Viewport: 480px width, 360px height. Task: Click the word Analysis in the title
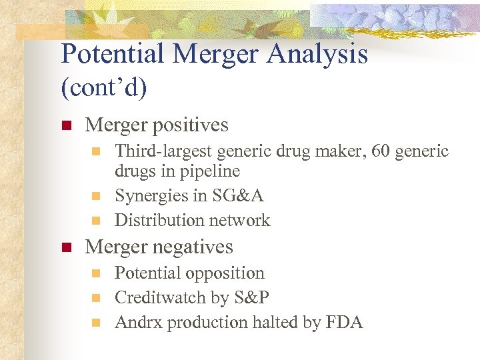click(317, 54)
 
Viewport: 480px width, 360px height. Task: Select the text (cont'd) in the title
click(103, 87)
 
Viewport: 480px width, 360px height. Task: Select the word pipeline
click(208, 171)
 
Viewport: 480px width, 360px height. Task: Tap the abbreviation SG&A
click(237, 196)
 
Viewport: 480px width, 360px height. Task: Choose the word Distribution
click(159, 220)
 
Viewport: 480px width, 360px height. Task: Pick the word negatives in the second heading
click(194, 247)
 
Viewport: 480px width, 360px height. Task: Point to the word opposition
click(225, 273)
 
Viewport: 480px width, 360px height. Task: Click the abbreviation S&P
click(250, 298)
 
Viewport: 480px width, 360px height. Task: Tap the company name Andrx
click(139, 323)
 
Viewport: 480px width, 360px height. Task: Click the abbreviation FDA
click(344, 323)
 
